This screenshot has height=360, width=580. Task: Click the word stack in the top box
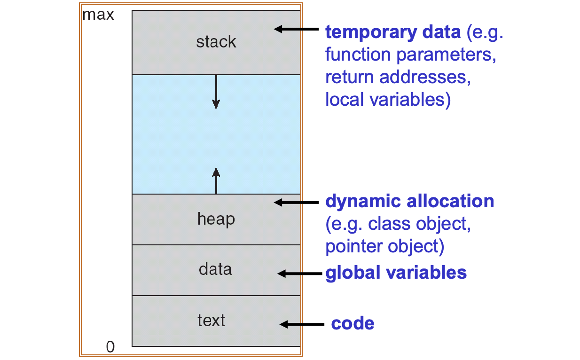tap(216, 42)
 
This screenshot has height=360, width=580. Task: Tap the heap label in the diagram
tap(216, 219)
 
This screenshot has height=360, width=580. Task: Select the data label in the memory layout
tap(215, 269)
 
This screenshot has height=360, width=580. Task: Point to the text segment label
tap(211, 320)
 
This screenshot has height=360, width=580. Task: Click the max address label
tap(98, 15)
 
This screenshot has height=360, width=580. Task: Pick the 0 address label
tap(110, 347)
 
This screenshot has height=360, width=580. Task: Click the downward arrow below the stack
tap(216, 92)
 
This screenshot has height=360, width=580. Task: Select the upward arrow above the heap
tap(216, 180)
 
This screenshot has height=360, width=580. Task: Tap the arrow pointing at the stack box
tap(296, 29)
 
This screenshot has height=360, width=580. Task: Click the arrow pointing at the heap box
tap(296, 203)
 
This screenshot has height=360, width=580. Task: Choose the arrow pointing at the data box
tap(298, 274)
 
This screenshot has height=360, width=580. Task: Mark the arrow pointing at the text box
tap(301, 324)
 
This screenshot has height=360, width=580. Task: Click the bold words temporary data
tap(393, 32)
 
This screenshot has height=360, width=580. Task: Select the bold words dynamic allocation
tap(409, 201)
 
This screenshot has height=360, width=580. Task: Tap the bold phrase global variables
tap(396, 273)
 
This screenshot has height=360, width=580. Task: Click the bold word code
tap(353, 324)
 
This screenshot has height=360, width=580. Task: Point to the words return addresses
tap(398, 78)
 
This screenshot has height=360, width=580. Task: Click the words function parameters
tap(410, 55)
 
